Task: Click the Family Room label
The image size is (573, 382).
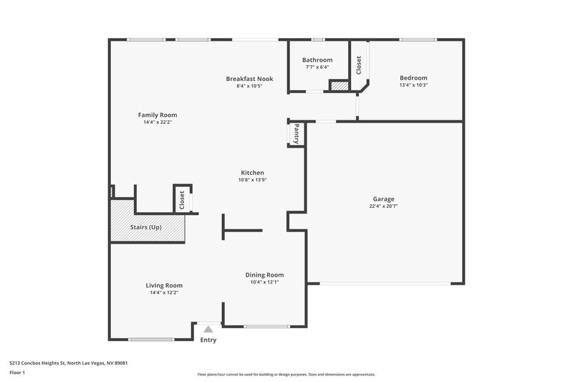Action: (x=158, y=115)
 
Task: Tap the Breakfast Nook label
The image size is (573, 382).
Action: (x=249, y=78)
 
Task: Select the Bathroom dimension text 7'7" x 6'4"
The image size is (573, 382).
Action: (x=317, y=67)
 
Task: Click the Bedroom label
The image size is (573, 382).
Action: (x=413, y=77)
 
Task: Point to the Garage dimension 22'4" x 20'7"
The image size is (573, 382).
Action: (x=384, y=206)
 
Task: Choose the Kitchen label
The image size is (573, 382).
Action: (x=252, y=173)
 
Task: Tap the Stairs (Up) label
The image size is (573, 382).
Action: (x=145, y=227)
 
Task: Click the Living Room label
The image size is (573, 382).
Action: (x=164, y=285)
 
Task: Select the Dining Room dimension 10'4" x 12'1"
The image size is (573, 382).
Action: (x=264, y=282)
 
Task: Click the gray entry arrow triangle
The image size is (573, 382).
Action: (x=208, y=329)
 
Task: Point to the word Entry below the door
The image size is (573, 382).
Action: (x=208, y=340)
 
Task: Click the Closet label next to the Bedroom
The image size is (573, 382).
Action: (x=359, y=65)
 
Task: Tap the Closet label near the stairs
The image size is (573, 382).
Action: (x=182, y=199)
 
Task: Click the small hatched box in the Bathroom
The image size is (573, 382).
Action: (x=338, y=86)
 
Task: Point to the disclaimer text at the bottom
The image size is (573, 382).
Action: (x=286, y=374)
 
